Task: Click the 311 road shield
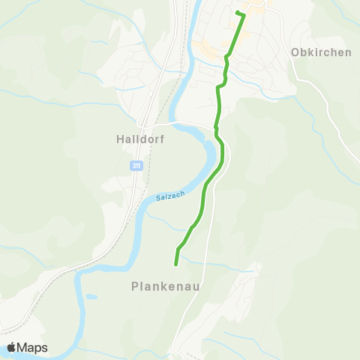[136, 166]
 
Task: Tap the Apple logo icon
[11, 347]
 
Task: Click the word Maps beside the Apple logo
[32, 347]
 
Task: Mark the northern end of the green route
[237, 13]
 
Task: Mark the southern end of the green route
[175, 264]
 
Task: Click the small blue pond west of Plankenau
[91, 297]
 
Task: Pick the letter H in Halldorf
[121, 139]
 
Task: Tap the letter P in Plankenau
[135, 286]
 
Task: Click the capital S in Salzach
[159, 199]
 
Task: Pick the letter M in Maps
[22, 347]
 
